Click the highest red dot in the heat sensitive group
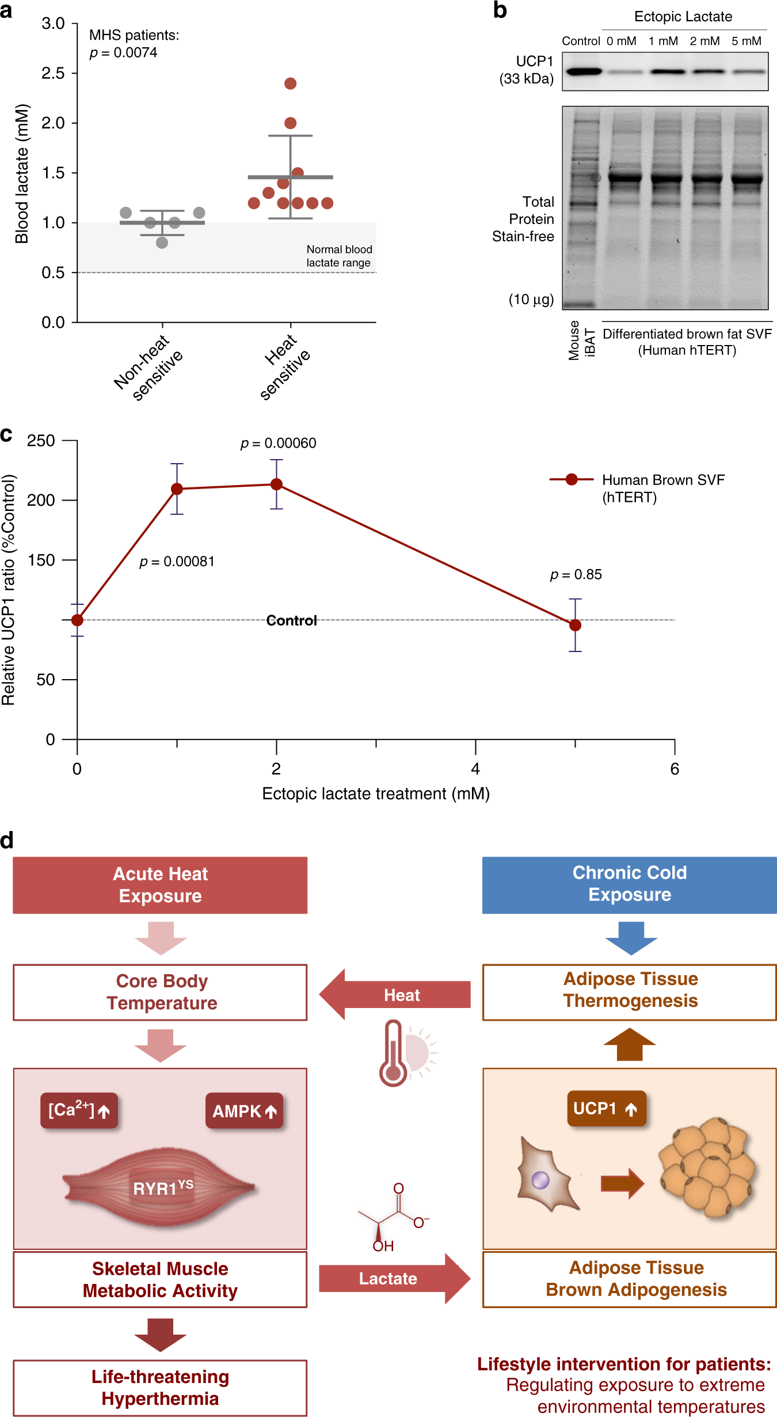(x=290, y=84)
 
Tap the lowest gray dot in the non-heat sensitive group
(x=162, y=243)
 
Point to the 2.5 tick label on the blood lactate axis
(x=53, y=73)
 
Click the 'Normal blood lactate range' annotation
(x=338, y=256)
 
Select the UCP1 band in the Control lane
(x=582, y=71)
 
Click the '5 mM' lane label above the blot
(x=746, y=41)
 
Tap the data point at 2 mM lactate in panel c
(x=276, y=484)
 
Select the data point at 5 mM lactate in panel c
(x=575, y=625)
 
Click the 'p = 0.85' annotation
(x=576, y=574)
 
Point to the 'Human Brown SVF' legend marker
(x=571, y=479)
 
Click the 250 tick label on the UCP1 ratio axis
(x=41, y=441)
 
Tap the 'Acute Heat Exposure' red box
(x=160, y=885)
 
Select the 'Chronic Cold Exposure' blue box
(x=629, y=884)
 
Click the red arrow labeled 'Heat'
(x=396, y=995)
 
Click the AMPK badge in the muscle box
(x=244, y=1111)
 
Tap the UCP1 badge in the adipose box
(x=605, y=1108)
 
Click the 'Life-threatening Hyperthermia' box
(x=160, y=1388)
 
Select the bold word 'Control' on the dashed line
(x=291, y=620)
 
